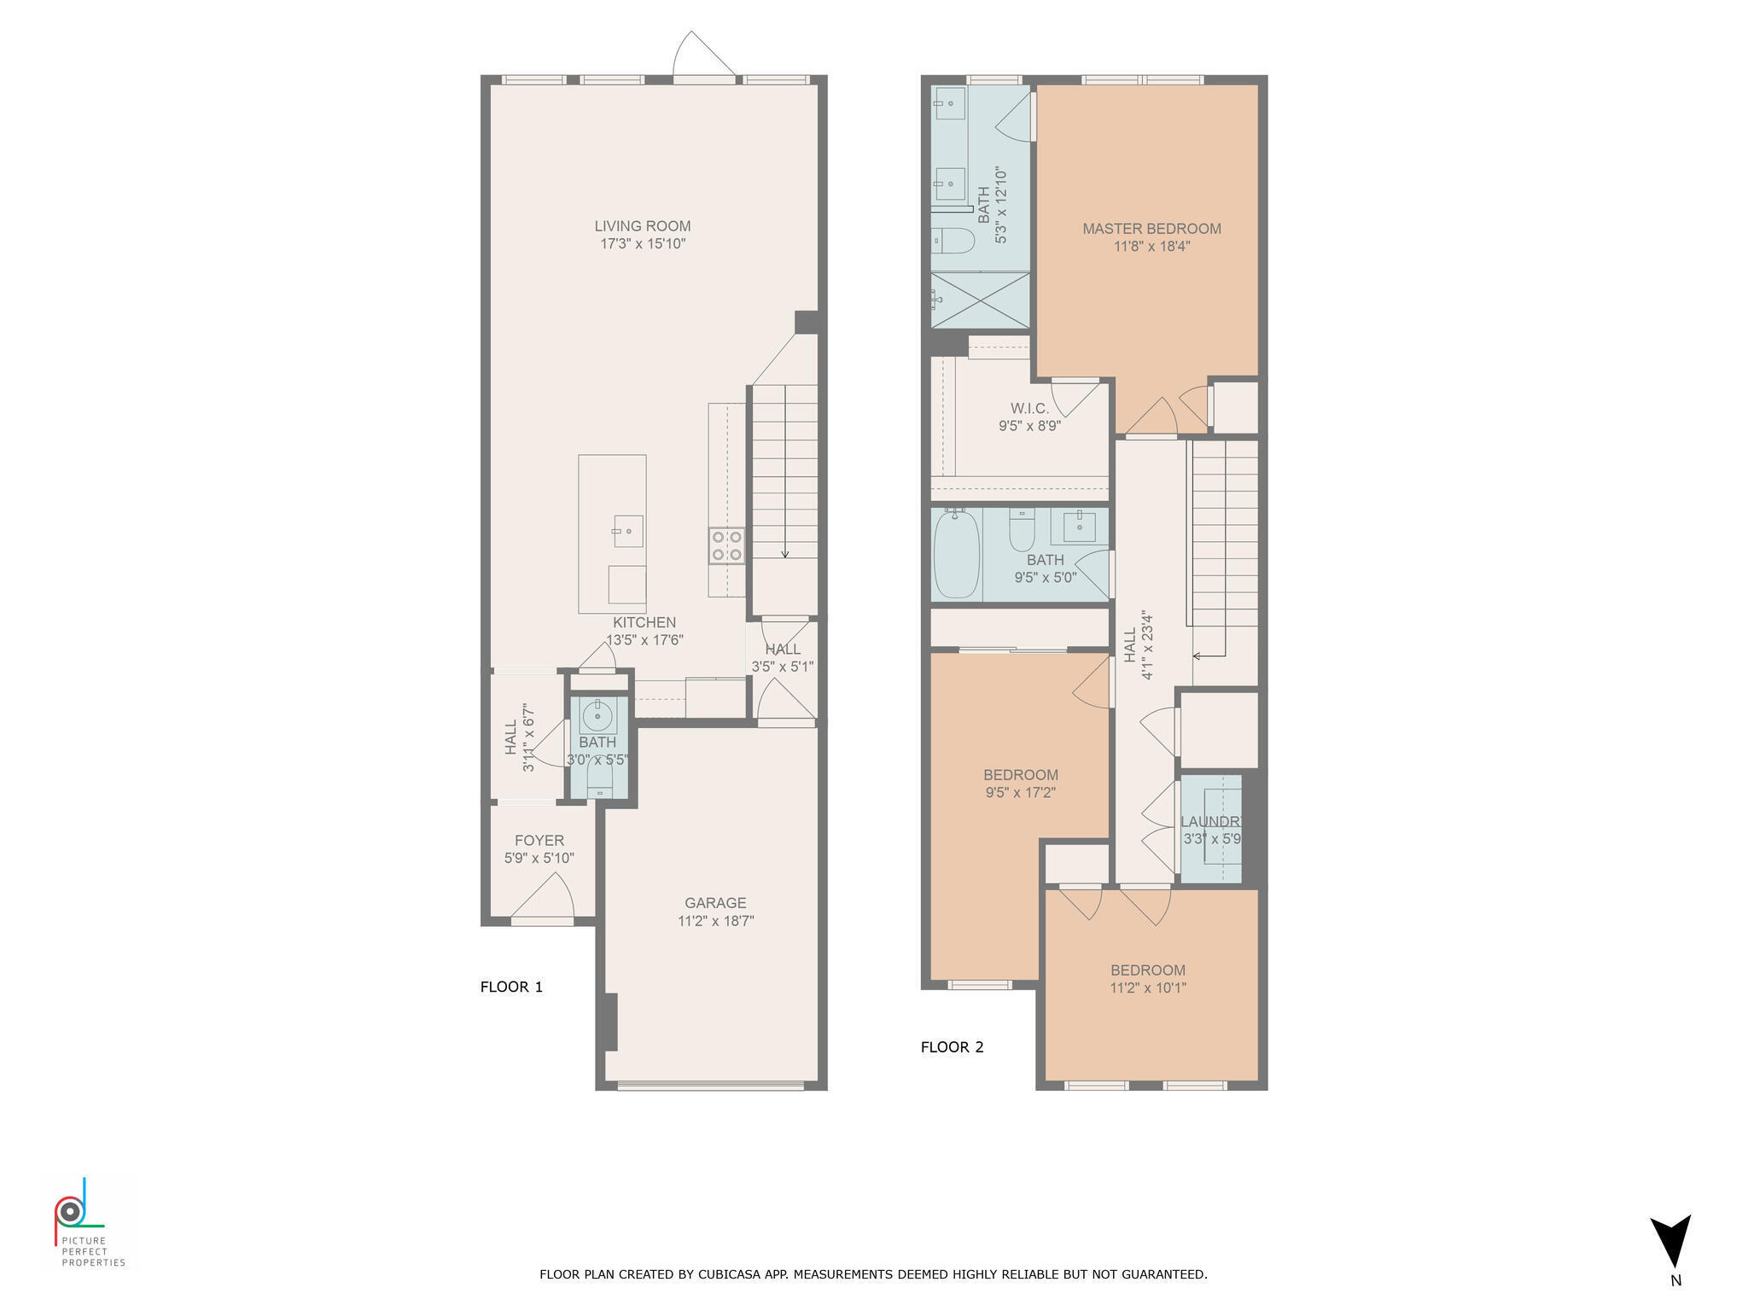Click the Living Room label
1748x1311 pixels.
(x=642, y=226)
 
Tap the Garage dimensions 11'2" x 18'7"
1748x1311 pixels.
(x=715, y=921)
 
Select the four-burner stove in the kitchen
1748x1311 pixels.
(x=726, y=545)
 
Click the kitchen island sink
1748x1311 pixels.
(x=627, y=531)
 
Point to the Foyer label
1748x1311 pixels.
(x=539, y=841)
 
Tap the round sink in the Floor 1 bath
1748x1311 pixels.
(x=597, y=714)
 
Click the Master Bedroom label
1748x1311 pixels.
(x=1151, y=229)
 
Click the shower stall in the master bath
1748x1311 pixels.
(x=981, y=300)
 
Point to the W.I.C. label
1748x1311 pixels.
(x=1029, y=409)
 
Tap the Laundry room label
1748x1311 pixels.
(x=1210, y=822)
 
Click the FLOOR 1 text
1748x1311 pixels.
(x=511, y=988)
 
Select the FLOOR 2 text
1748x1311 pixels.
(x=952, y=1047)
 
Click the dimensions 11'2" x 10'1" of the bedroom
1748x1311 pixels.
(x=1148, y=988)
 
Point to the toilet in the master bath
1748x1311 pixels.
(x=953, y=241)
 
